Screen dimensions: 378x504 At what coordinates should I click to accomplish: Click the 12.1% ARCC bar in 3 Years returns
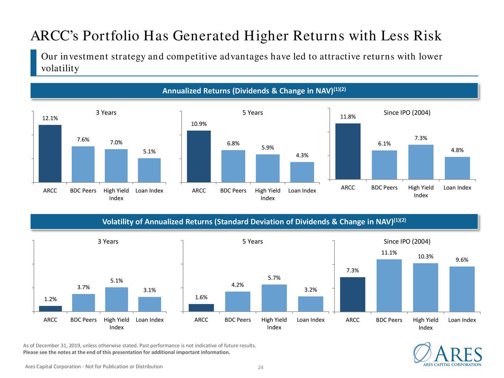[50, 154]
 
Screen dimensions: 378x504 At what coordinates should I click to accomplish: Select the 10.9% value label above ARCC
[199, 124]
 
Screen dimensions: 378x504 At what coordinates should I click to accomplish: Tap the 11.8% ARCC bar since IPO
[348, 152]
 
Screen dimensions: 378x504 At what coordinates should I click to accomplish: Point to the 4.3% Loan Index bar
[302, 172]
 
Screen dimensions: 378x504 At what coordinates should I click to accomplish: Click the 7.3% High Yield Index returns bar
[421, 162]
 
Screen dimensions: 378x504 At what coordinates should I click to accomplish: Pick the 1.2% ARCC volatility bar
[50, 309]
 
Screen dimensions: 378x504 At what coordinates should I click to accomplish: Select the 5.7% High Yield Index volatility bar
[274, 298]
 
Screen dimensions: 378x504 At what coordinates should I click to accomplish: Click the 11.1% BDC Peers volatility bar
[389, 285]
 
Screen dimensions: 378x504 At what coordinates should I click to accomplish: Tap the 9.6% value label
[462, 260]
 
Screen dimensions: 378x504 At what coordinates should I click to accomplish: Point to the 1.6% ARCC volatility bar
[201, 308]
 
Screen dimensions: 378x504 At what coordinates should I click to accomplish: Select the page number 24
[260, 368]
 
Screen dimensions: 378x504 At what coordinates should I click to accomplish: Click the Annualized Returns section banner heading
[254, 91]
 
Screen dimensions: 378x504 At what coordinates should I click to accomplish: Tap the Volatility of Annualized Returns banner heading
[254, 222]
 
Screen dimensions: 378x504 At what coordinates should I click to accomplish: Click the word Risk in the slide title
[427, 36]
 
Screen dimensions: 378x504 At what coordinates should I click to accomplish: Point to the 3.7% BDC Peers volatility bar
[83, 303]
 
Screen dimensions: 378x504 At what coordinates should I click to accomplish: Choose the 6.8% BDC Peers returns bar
[233, 166]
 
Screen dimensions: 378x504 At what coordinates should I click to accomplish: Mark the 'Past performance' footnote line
[140, 346]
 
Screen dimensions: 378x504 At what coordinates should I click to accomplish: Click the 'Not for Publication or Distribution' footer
[94, 367]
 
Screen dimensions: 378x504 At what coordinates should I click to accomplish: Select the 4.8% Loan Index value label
[457, 150]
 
